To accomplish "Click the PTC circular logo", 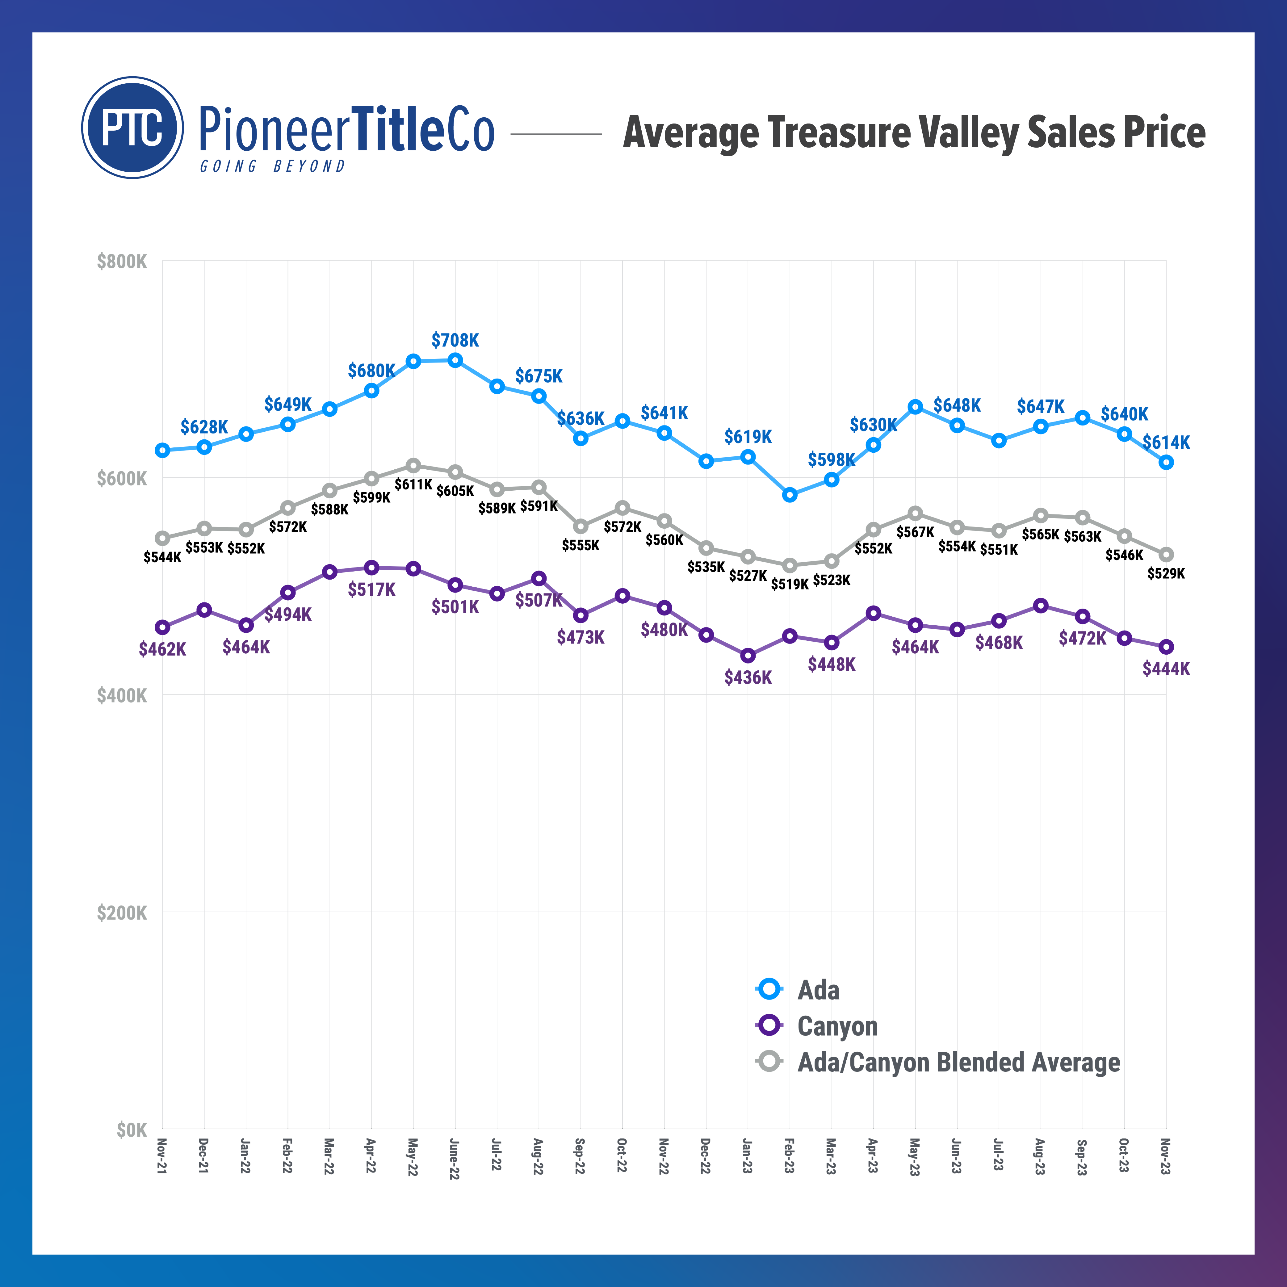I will [132, 127].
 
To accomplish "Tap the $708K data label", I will [455, 340].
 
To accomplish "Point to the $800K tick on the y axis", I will [122, 261].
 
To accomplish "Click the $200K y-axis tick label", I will [122, 913].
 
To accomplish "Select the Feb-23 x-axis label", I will [789, 1156].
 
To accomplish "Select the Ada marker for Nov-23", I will [1166, 462].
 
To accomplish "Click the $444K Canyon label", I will [1166, 669].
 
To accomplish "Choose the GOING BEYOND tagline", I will [272, 166].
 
